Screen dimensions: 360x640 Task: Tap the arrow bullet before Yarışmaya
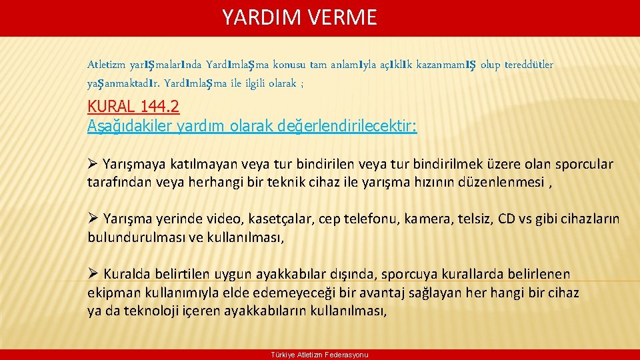[x=93, y=164]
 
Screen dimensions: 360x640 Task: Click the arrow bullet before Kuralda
[x=93, y=274]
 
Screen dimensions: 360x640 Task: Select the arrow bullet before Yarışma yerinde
[x=93, y=219]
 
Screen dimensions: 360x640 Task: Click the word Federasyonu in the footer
[x=348, y=355]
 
